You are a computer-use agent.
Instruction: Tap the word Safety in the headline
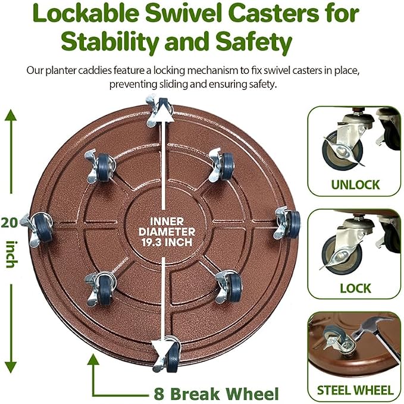click(254, 42)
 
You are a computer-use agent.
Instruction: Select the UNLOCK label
click(355, 185)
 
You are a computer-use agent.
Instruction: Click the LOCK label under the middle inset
click(355, 288)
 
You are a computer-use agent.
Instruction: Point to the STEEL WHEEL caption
click(355, 390)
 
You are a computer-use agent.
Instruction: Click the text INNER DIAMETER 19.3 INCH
click(167, 232)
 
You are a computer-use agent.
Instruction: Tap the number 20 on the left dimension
click(10, 222)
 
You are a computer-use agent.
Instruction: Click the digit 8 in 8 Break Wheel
click(159, 394)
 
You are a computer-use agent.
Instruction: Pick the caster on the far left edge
click(37, 229)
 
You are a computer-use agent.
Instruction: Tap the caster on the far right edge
click(287, 222)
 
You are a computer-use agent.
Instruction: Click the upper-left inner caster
click(100, 166)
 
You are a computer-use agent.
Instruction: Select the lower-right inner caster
click(229, 287)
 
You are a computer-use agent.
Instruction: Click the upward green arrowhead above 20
click(11, 115)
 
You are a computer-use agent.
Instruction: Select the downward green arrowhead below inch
click(11, 368)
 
